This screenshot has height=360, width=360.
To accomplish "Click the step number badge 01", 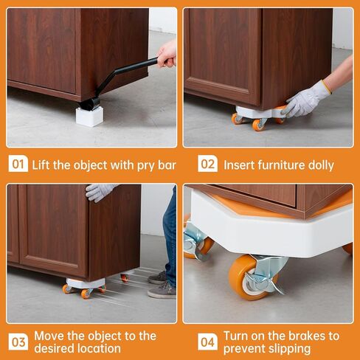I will [x=18, y=164].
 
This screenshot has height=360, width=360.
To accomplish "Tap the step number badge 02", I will [x=207, y=164].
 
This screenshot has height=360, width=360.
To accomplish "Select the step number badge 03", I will [x=18, y=341].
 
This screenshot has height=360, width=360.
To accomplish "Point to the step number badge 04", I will [x=207, y=341].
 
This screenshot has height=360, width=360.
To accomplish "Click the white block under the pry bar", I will [x=89, y=116].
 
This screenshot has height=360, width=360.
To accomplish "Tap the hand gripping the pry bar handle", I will [x=167, y=53].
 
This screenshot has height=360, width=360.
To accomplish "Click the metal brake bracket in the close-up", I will [x=266, y=273].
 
